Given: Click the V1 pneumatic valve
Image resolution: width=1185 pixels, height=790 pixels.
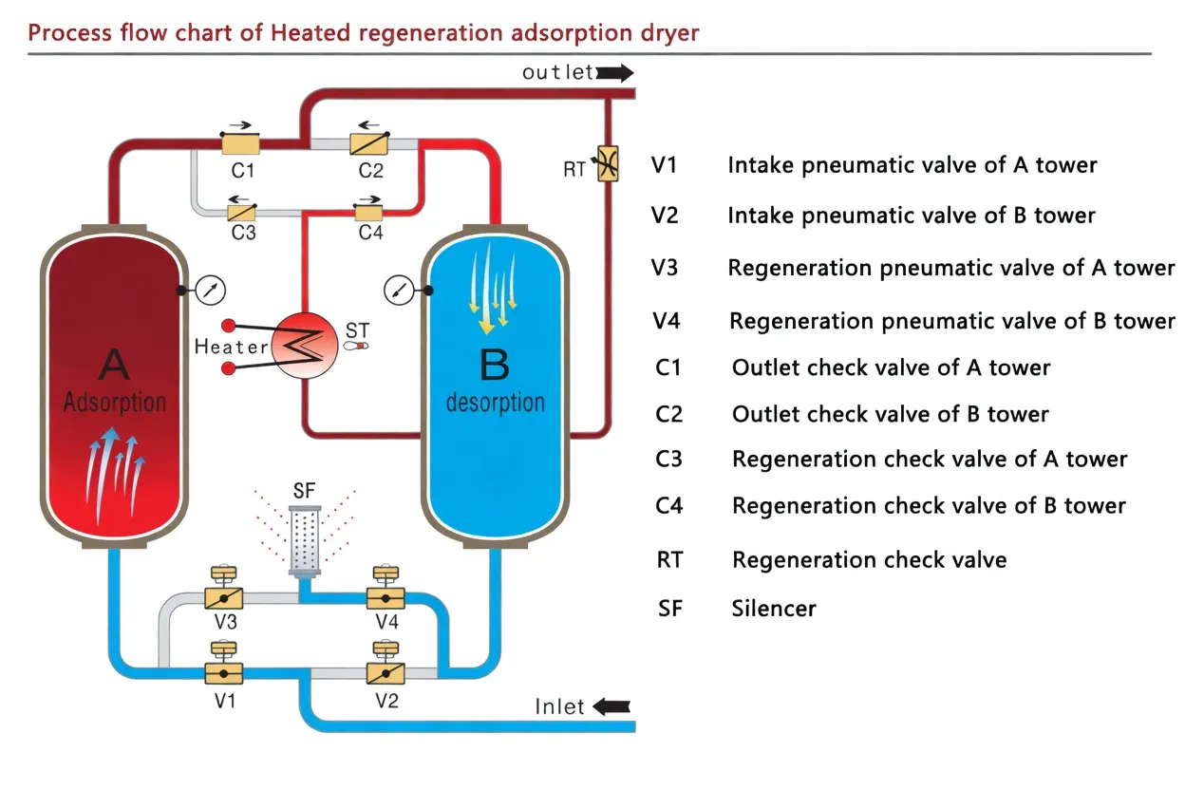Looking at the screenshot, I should pos(224,672).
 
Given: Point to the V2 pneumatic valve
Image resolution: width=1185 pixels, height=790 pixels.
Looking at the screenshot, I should pos(386,672).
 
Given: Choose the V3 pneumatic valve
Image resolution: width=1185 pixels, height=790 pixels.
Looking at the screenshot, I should pos(224,598).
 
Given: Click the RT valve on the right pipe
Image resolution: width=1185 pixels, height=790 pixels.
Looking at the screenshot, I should pos(604,161).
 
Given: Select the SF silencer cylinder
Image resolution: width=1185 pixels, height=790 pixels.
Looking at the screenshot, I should pos(304,541).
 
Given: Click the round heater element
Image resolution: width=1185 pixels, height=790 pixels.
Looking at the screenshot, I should pos(304,347).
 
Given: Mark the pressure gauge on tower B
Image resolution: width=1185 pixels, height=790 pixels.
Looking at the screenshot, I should pos(399,290).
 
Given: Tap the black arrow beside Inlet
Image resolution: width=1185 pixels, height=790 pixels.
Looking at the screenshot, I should pos(611,706).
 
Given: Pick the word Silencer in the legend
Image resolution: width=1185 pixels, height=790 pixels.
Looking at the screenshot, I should pos(774,608).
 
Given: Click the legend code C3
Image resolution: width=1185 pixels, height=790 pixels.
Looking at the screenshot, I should pos(669,460).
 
